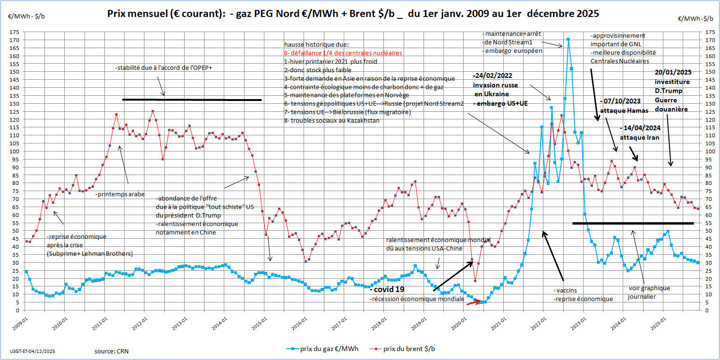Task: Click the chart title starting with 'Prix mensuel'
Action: click(x=354, y=14)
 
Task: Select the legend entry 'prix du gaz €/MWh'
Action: click(x=326, y=349)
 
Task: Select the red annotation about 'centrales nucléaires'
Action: click(x=343, y=53)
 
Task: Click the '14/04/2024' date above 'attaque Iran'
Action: click(x=642, y=128)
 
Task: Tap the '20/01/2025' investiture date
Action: click(x=672, y=73)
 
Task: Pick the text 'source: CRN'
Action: click(x=111, y=351)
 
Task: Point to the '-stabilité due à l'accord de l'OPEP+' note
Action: click(x=163, y=68)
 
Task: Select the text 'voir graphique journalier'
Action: click(x=649, y=293)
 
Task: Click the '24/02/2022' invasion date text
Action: click(x=494, y=75)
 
